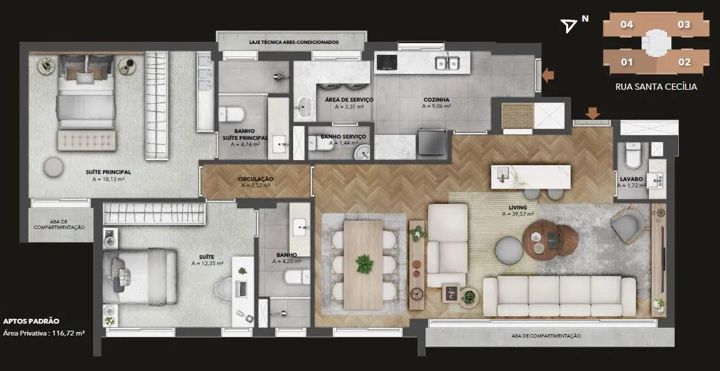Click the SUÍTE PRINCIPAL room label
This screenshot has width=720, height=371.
click(109, 172)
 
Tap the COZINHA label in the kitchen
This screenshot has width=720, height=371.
click(436, 99)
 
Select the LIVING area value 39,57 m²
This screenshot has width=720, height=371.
click(518, 214)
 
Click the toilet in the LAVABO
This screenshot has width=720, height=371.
click(633, 155)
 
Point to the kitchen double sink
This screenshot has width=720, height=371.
click(448, 61)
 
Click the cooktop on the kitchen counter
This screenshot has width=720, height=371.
click(386, 63)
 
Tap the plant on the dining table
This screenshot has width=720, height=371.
click(364, 264)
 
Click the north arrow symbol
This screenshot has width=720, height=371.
click(570, 26)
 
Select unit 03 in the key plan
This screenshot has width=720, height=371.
click(684, 24)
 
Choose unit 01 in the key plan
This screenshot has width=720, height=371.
click(627, 62)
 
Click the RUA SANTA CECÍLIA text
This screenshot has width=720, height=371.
click(656, 86)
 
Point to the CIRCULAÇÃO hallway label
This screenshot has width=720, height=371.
click(256, 179)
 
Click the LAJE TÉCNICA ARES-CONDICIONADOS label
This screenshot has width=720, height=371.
click(294, 42)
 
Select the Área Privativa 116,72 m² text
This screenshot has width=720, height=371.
click(44, 333)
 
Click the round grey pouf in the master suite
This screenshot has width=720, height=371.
click(54, 167)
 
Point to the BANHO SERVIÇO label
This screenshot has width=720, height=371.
click(343, 137)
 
